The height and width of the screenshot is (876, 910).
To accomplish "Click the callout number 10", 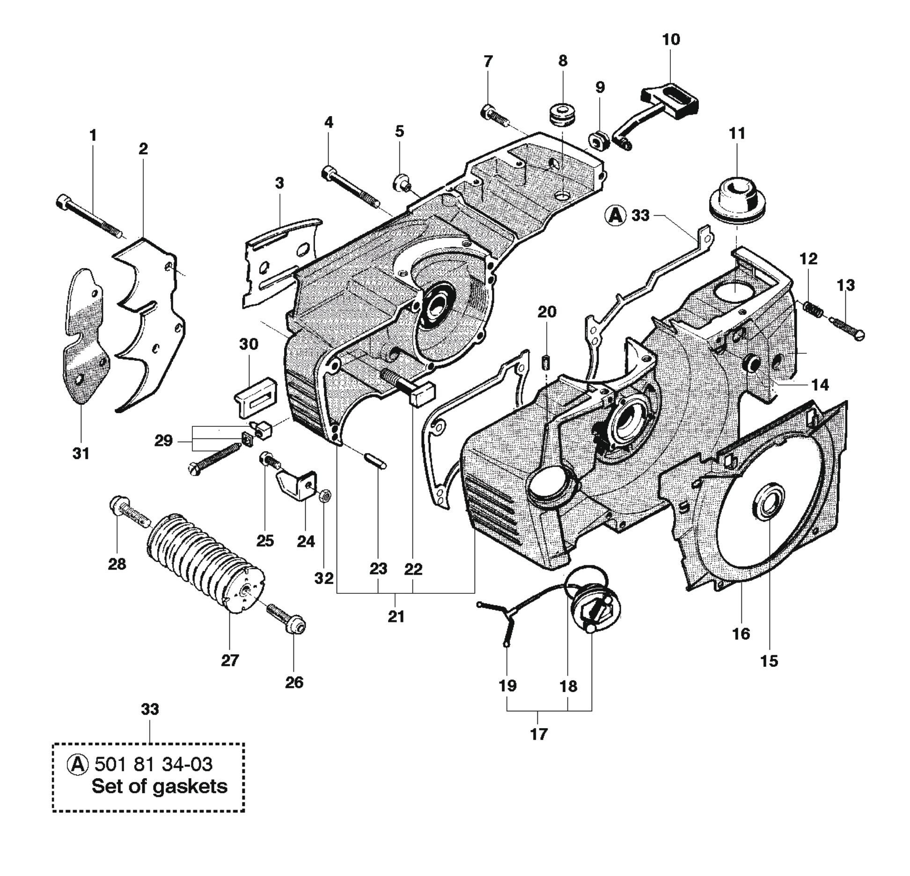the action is [x=671, y=39].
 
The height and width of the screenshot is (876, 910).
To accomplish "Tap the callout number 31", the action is [x=81, y=453].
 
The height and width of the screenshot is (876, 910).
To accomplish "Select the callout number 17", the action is [x=538, y=734].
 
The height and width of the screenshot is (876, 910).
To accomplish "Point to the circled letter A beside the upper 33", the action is [x=615, y=215].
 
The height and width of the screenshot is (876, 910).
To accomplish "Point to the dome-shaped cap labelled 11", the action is [x=737, y=204].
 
